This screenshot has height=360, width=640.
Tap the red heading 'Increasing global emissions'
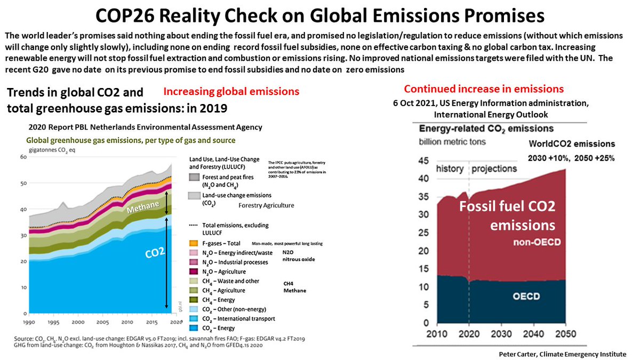231,91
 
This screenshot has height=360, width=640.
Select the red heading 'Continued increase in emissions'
483,89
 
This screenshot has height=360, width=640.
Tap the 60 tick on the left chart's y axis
23,157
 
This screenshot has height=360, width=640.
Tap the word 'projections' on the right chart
494,168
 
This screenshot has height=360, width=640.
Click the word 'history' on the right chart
450,168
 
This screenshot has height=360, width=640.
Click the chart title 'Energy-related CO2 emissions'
486,129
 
